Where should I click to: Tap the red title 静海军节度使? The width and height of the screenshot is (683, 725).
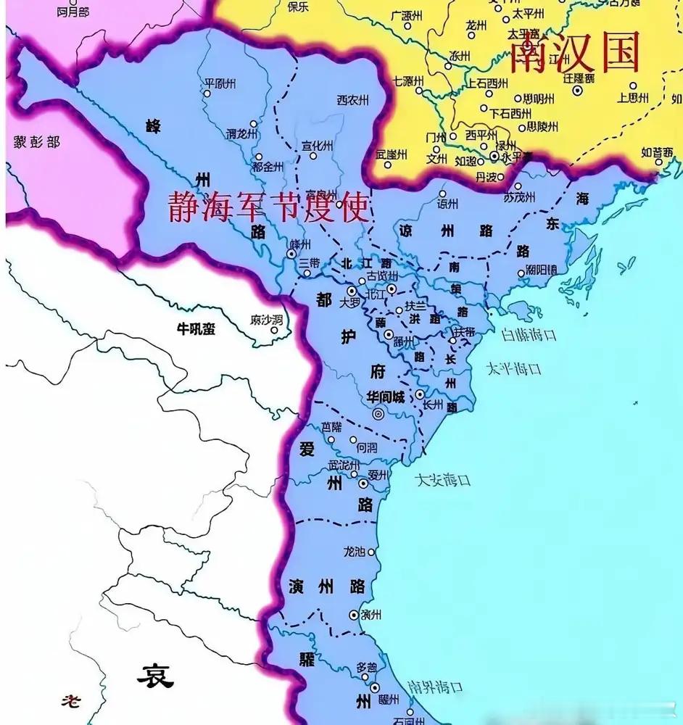click(268, 207)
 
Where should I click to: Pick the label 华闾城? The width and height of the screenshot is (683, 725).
click(385, 397)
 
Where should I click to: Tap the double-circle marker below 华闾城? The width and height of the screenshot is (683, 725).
click(378, 414)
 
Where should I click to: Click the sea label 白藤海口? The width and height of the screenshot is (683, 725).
click(529, 335)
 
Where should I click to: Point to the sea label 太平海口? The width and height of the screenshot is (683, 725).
click(514, 368)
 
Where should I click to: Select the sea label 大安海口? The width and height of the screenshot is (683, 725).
click(443, 479)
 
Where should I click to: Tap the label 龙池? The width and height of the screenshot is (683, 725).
click(355, 552)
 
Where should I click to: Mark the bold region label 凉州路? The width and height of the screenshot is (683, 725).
click(446, 231)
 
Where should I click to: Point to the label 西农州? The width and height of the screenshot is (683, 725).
click(353, 99)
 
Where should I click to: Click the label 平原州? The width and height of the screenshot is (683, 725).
click(221, 83)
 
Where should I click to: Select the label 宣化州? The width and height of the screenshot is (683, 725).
click(318, 144)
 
